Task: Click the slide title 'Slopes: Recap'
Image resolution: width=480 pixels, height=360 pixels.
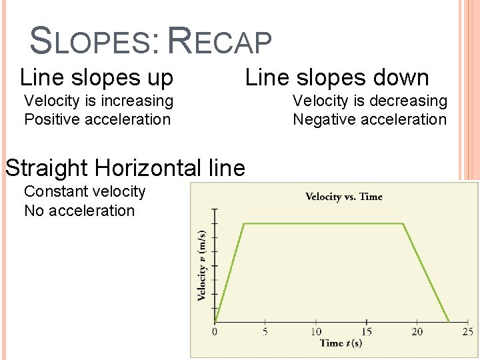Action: click(x=151, y=41)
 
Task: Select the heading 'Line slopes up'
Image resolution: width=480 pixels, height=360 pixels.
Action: click(x=97, y=78)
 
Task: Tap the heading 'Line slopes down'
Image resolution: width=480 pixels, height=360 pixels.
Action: click(x=337, y=78)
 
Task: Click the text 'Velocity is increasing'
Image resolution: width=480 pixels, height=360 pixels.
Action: click(x=99, y=101)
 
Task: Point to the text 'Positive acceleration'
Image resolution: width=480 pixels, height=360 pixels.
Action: click(x=97, y=119)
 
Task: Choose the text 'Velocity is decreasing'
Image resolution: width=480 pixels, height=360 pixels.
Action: click(x=370, y=101)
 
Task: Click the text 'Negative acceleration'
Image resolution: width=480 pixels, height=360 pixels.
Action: click(x=370, y=119)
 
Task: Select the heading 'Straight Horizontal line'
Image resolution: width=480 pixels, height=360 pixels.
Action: click(x=125, y=167)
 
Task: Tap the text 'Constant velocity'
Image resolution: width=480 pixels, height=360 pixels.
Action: click(x=85, y=191)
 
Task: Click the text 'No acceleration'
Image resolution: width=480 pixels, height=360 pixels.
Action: click(x=79, y=211)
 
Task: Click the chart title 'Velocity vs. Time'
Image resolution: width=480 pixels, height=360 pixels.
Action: click(x=343, y=197)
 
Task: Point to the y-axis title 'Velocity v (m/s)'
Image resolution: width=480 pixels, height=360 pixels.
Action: click(x=201, y=265)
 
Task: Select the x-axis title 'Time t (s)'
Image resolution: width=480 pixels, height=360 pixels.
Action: click(x=341, y=343)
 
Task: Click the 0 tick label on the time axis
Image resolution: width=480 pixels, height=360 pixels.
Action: click(x=215, y=331)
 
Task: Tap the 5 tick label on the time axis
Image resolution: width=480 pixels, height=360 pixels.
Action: click(x=265, y=331)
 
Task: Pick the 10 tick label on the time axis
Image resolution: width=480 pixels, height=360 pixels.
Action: click(x=315, y=331)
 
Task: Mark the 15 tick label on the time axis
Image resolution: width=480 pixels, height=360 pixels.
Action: click(x=366, y=331)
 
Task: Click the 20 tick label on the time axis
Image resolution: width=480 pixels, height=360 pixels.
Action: click(x=417, y=331)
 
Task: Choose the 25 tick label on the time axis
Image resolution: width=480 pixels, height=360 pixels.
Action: click(x=467, y=331)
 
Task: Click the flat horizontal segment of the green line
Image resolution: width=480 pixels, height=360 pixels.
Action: click(x=323, y=223)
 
